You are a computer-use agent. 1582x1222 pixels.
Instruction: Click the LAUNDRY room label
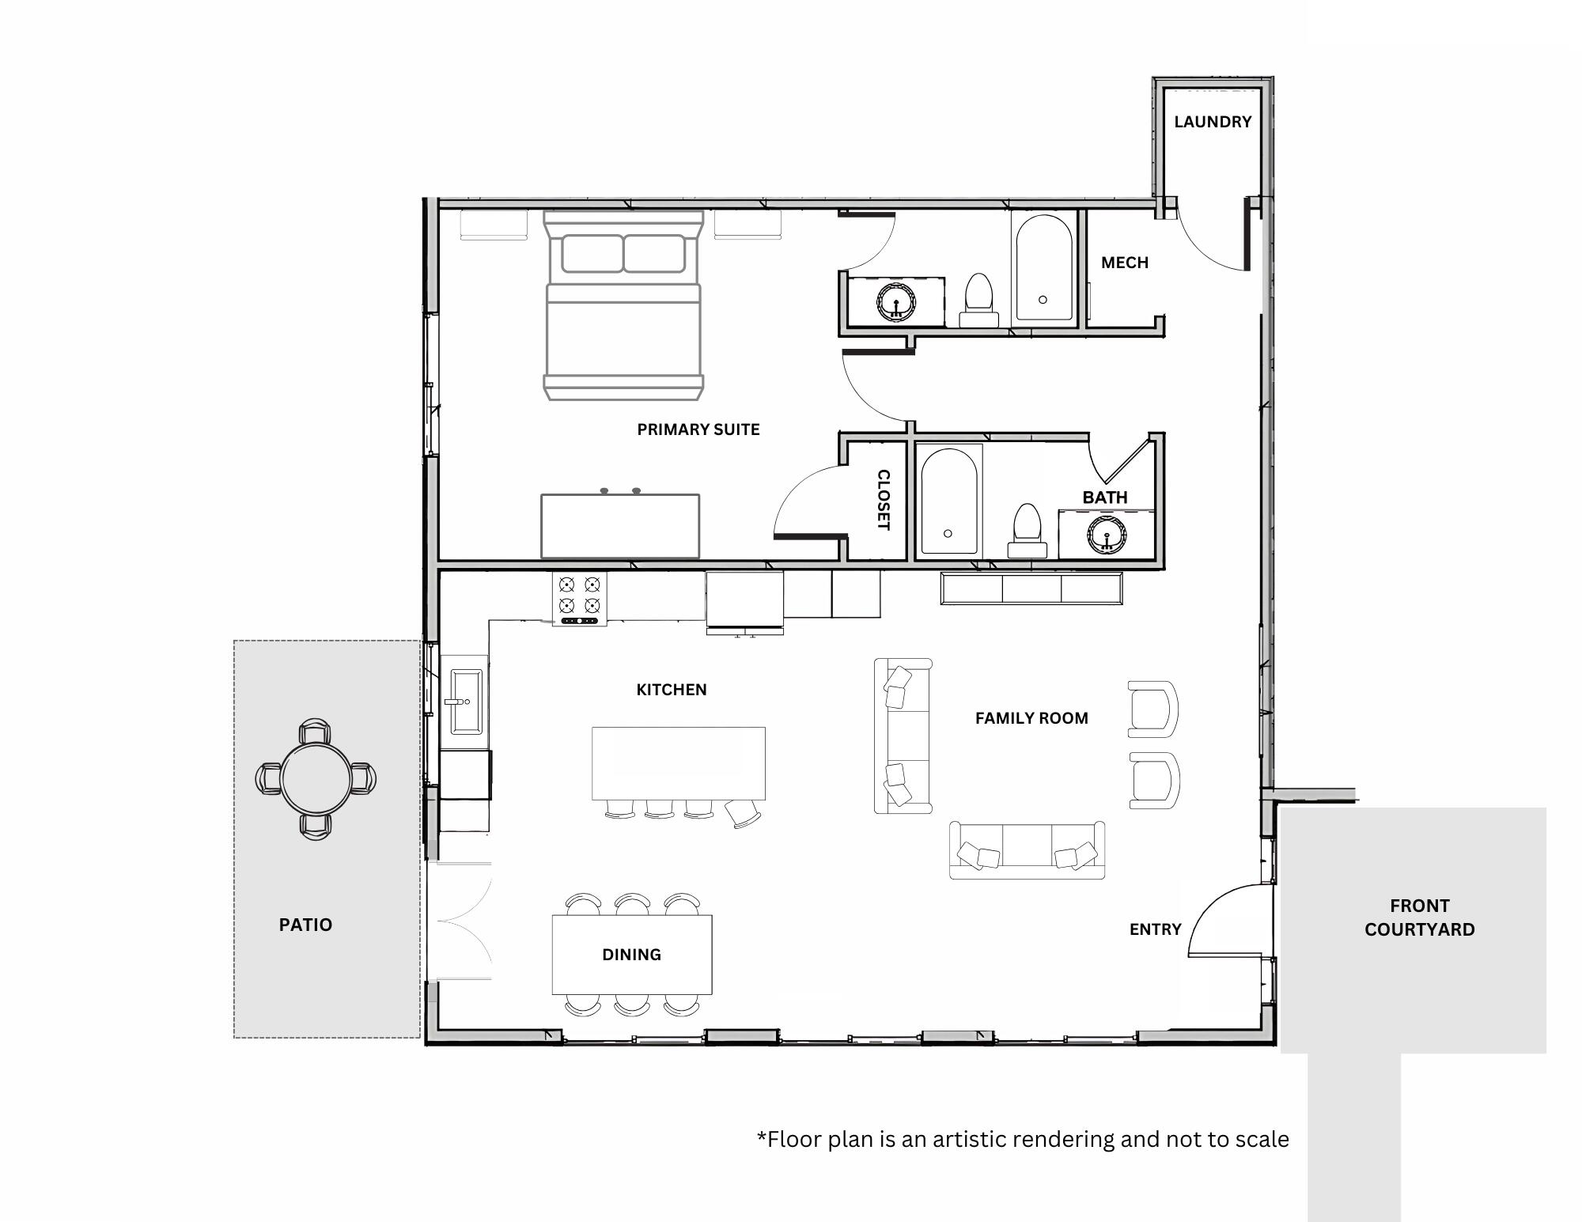(x=1212, y=122)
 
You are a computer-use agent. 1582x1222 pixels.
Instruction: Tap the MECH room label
(x=1124, y=263)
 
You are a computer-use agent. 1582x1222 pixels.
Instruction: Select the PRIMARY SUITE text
(x=698, y=429)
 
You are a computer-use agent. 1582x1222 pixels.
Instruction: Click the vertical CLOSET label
(x=884, y=500)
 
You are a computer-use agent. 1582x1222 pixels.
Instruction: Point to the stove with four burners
(x=580, y=597)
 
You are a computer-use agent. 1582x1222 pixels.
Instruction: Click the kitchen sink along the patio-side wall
(x=466, y=701)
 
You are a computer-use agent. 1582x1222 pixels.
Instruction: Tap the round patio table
(x=316, y=778)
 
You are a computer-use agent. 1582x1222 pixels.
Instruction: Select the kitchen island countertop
(x=678, y=762)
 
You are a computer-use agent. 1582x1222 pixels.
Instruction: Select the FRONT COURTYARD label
(x=1419, y=917)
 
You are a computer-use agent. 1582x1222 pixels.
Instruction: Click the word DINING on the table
(x=631, y=955)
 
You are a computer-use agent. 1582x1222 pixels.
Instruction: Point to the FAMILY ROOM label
(x=1031, y=718)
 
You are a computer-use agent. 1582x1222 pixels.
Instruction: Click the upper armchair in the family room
(x=1152, y=709)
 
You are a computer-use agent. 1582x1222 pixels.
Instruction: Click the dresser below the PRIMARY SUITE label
(x=619, y=526)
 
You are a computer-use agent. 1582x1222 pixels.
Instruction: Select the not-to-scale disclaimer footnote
(x=1023, y=1139)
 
